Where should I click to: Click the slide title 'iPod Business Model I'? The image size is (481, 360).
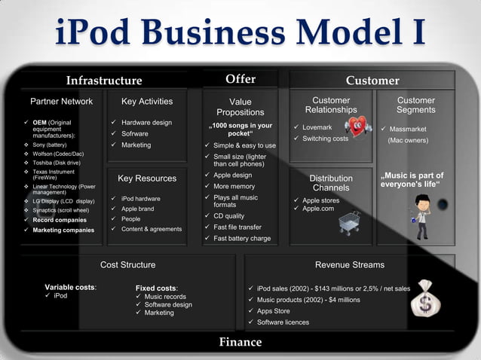(240, 34)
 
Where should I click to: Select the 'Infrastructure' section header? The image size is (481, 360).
(103, 81)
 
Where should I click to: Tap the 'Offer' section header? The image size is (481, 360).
(240, 78)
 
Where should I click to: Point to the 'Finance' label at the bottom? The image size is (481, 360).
(240, 342)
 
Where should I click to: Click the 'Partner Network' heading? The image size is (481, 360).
(61, 101)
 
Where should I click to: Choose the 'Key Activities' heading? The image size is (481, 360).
(147, 101)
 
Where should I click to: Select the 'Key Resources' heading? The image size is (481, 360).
(147, 178)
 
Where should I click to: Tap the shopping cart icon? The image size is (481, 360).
(348, 221)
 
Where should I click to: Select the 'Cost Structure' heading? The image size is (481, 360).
(128, 264)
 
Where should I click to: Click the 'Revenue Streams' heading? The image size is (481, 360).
(350, 264)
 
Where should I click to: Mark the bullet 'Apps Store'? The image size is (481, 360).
(273, 310)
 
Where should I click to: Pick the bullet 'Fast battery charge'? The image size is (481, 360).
(242, 239)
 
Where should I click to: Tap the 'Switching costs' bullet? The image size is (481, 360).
(325, 139)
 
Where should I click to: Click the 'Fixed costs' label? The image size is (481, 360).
(156, 288)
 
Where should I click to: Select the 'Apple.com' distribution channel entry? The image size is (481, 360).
(317, 209)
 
